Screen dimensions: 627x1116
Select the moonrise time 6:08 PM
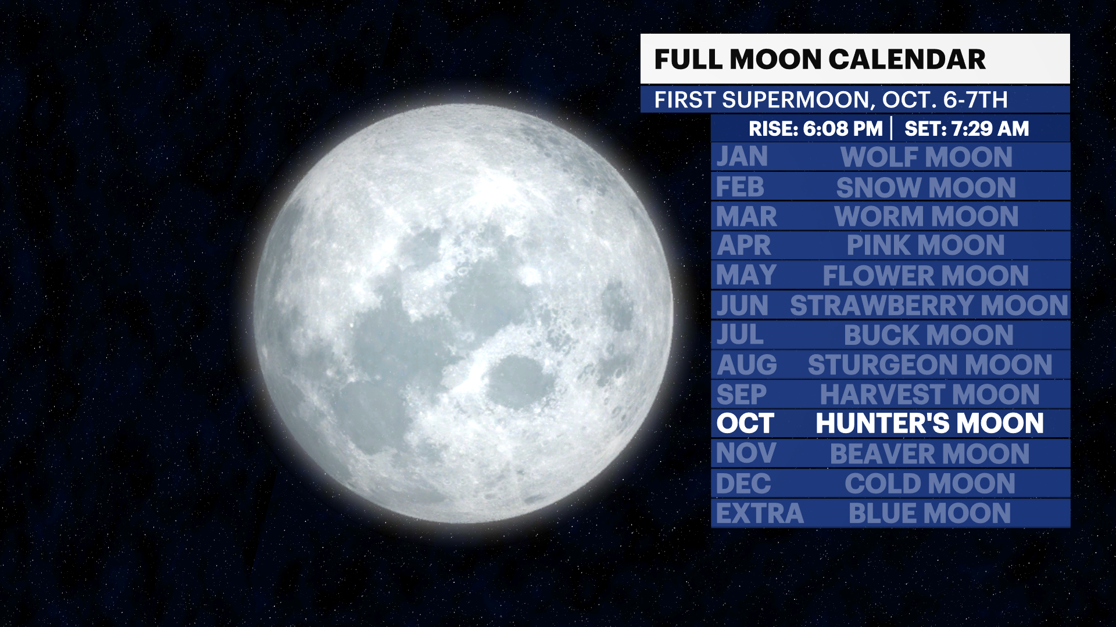click(842, 128)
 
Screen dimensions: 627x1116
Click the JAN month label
click(742, 157)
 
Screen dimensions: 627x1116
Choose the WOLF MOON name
click(927, 157)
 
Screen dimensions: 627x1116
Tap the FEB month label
click(740, 187)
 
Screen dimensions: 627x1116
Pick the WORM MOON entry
click(927, 217)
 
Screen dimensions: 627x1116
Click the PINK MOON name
click(925, 246)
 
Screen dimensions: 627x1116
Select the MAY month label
click(746, 275)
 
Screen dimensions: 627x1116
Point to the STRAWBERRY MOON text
click(929, 305)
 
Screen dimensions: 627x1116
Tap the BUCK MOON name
click(928, 335)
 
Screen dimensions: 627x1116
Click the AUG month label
click(747, 365)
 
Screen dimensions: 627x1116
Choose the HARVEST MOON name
click(929, 395)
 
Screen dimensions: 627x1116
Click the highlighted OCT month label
click(745, 423)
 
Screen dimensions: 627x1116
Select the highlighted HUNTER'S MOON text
click(929, 423)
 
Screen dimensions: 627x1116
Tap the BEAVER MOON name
click(929, 453)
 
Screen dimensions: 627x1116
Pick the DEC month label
click(743, 484)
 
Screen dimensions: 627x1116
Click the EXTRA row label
click(760, 513)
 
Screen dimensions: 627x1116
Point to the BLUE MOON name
click(929, 513)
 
